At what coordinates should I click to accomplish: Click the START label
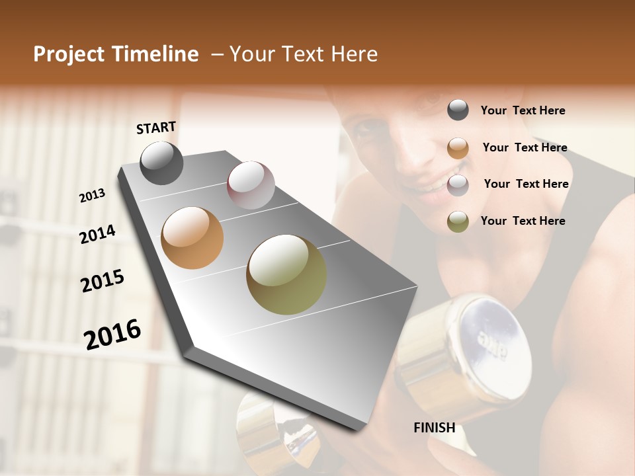[x=156, y=128]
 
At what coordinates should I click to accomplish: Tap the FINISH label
[x=434, y=428]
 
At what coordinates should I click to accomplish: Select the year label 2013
[x=92, y=196]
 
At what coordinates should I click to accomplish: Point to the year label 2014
[x=97, y=234]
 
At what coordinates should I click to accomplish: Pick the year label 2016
[x=112, y=334]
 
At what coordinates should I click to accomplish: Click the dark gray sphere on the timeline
[x=161, y=163]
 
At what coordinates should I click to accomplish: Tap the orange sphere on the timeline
[x=192, y=238]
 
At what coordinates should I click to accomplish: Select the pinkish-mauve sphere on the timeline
[x=251, y=185]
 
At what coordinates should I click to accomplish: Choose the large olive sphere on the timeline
[x=286, y=274]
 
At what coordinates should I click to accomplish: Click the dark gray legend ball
[x=458, y=110]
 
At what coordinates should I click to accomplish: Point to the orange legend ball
[x=458, y=148]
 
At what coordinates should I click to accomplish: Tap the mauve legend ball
[x=458, y=185]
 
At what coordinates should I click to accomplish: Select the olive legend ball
[x=458, y=221]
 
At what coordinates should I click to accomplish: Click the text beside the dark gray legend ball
[x=523, y=110]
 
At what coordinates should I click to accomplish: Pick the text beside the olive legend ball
[x=523, y=221]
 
